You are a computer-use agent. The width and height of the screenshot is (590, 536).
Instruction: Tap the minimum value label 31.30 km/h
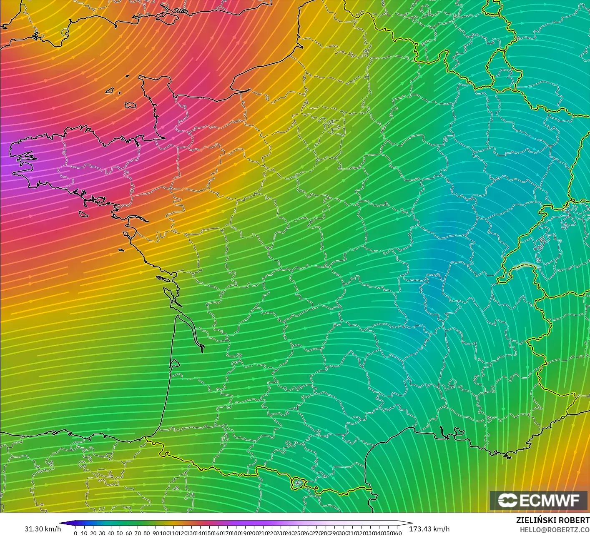[x=43, y=529]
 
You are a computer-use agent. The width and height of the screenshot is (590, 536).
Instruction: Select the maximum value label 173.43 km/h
[x=429, y=529]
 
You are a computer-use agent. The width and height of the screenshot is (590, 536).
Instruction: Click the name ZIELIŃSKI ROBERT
[x=552, y=520]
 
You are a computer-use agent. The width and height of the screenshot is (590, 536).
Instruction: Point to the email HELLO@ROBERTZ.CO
[x=555, y=529]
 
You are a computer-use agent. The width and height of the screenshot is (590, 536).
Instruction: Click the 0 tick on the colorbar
[x=75, y=533]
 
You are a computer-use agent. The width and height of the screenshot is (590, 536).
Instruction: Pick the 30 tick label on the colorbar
[x=102, y=533]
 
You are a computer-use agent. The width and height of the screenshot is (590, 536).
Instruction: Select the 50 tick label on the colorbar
[x=120, y=533]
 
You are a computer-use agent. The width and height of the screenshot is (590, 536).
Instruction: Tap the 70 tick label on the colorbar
[x=138, y=533]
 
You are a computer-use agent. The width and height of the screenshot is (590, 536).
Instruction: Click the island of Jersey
[x=131, y=105]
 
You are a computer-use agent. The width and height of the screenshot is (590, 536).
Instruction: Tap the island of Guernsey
[x=110, y=90]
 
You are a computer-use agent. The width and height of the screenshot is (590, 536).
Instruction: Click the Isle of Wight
[x=167, y=17]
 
